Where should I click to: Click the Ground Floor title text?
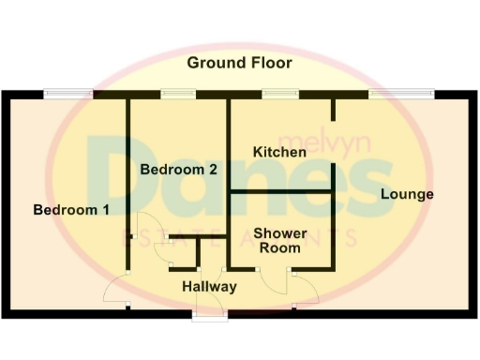pyautogui.click(x=239, y=63)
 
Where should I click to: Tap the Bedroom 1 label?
pyautogui.click(x=71, y=210)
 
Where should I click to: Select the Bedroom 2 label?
pyautogui.click(x=179, y=170)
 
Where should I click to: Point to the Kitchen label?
pyautogui.click(x=279, y=151)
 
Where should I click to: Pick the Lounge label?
pyautogui.click(x=407, y=195)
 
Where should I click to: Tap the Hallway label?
pyautogui.click(x=209, y=286)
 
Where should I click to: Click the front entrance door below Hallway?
pyautogui.click(x=209, y=314)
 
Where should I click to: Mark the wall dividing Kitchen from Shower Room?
pyautogui.click(x=281, y=191)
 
